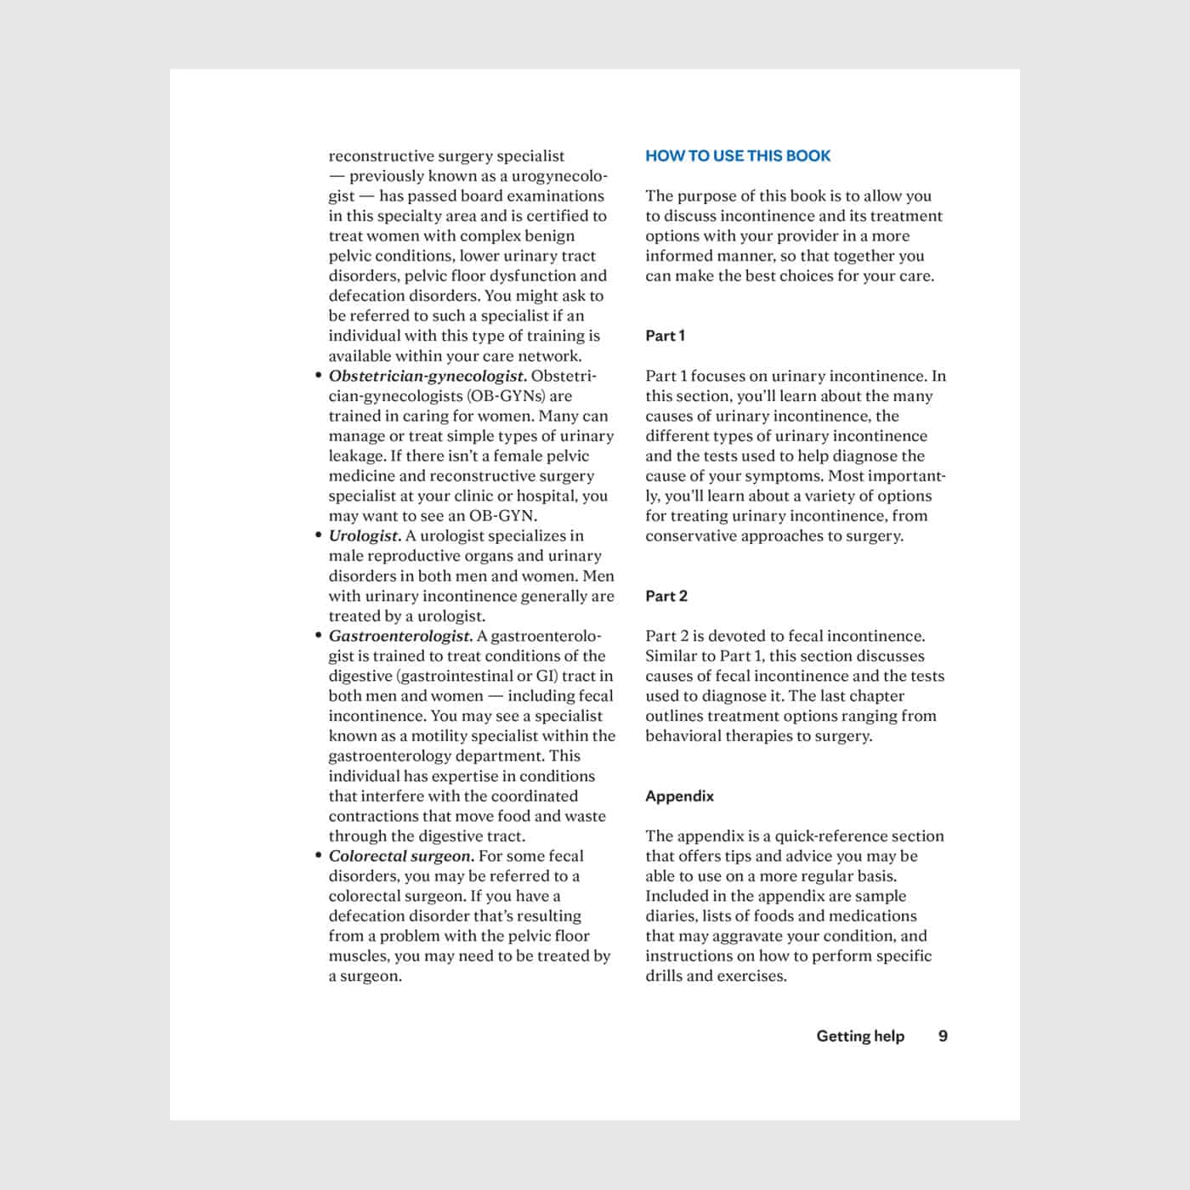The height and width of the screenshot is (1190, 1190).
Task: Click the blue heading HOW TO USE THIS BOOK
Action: [x=738, y=156]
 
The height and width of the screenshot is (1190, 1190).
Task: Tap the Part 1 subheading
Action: [x=665, y=336]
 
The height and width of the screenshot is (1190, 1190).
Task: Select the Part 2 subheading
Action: [x=666, y=596]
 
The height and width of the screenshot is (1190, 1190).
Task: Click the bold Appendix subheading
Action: [x=679, y=796]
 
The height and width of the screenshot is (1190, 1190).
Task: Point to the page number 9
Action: [x=943, y=1036]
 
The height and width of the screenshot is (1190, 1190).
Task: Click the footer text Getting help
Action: [x=860, y=1036]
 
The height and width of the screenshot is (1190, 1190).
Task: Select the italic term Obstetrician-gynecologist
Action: [x=428, y=376]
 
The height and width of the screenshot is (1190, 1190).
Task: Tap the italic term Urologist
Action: [x=365, y=535]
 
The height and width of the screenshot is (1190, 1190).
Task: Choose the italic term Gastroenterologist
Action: [x=400, y=636]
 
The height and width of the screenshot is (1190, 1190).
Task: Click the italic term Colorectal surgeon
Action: [x=401, y=856]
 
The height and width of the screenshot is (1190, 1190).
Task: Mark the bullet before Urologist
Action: [x=318, y=536]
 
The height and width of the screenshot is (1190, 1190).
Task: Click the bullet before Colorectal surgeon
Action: [x=318, y=857]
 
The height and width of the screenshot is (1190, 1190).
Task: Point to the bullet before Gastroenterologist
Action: [x=318, y=637]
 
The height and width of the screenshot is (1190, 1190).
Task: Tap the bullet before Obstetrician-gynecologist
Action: [x=318, y=377]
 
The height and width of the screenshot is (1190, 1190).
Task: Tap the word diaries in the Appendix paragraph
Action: [x=671, y=916]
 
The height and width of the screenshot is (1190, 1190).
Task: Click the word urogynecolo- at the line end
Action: [x=558, y=176]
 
